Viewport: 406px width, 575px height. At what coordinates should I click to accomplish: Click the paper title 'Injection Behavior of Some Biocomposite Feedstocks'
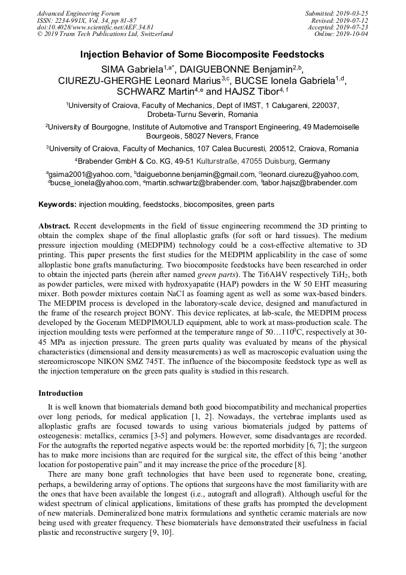[x=202, y=55]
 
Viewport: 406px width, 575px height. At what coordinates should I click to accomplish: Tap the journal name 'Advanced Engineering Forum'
[x=78, y=13]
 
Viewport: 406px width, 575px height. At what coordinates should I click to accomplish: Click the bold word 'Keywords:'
[x=57, y=204]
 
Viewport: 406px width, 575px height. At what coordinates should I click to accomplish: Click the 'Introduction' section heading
[x=60, y=393]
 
